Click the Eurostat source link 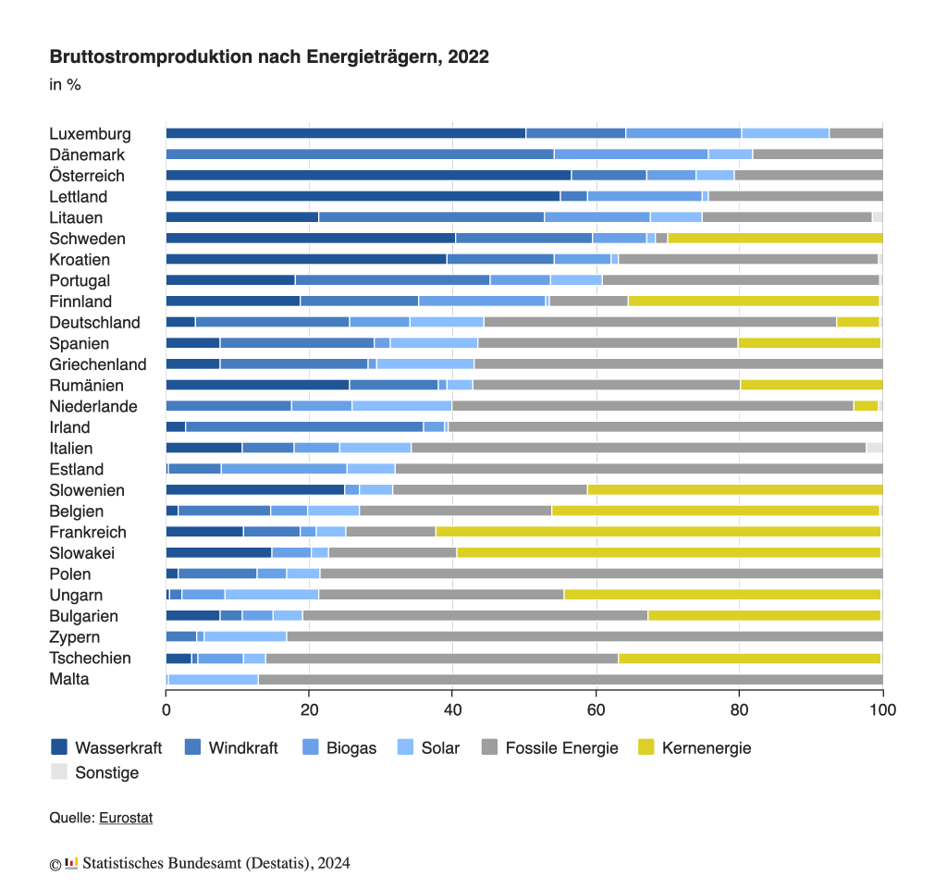(126, 818)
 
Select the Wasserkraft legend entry (106, 747)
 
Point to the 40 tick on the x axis (452, 710)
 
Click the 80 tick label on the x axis (739, 710)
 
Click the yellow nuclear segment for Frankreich (658, 532)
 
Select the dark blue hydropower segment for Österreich (368, 176)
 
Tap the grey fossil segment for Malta (570, 680)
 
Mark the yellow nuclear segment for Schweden (775, 239)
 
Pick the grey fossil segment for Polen (601, 574)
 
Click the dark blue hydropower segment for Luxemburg (345, 133)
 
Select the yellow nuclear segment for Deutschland (857, 322)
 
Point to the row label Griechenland (98, 364)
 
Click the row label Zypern (75, 637)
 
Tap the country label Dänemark (87, 154)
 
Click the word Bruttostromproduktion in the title (149, 57)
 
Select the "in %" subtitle (65, 85)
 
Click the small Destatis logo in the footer (71, 864)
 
